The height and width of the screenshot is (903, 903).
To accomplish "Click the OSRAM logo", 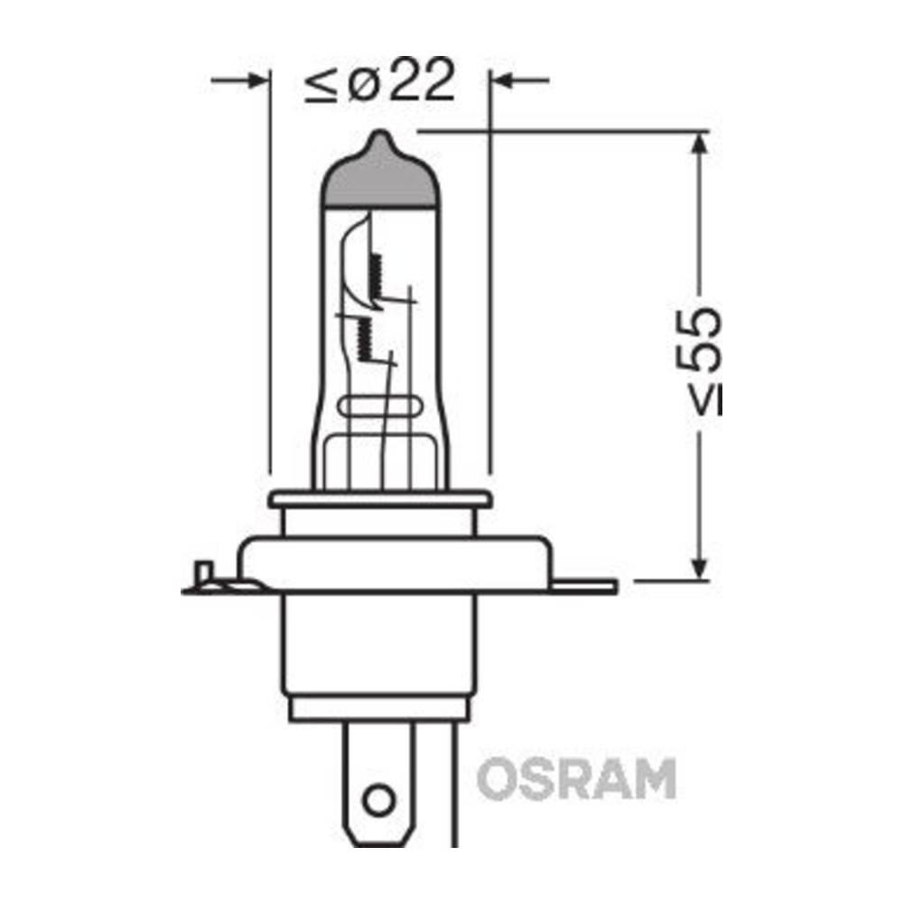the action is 576,778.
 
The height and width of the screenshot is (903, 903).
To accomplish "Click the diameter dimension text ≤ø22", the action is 380,80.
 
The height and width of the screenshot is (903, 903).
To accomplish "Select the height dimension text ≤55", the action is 699,362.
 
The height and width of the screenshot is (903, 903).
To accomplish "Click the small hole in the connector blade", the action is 379,799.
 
